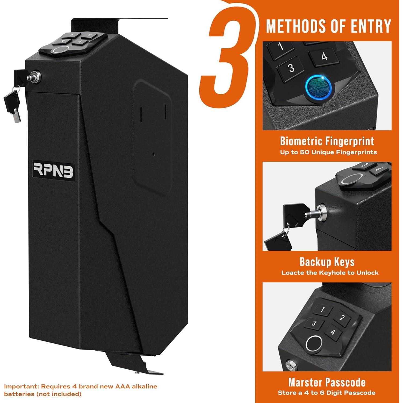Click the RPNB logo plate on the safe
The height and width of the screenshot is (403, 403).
[53, 170]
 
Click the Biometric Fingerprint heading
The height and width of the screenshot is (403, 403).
[327, 141]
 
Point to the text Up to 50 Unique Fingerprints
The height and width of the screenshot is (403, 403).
[328, 152]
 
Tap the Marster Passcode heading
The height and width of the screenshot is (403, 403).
[327, 382]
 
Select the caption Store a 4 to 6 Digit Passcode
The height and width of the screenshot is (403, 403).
[326, 393]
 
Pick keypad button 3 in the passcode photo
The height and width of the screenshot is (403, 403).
[314, 323]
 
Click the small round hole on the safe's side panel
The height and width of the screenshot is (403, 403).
[153, 154]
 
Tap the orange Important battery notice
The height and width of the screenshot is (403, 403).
[81, 390]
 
